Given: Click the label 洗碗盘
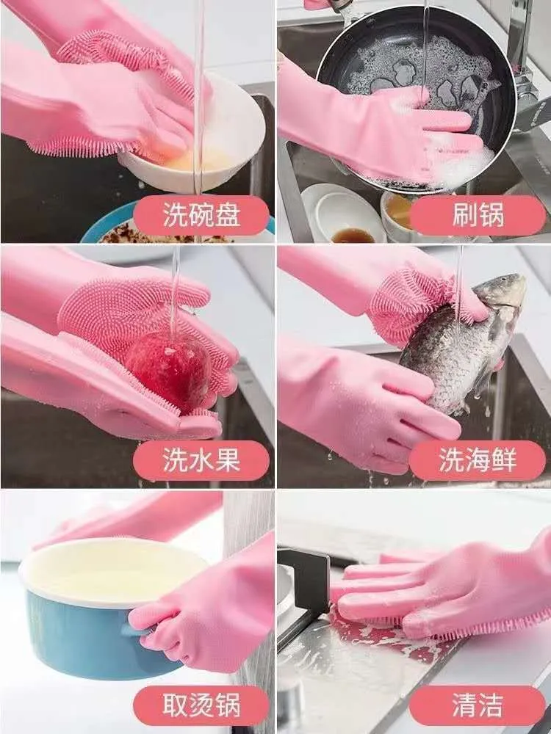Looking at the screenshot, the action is pos(201,216).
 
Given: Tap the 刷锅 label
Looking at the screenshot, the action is pos(478,216).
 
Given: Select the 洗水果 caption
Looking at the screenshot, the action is pos(201,461).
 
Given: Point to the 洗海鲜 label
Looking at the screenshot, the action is pos(478,461).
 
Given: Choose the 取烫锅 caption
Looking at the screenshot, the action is pos(201,705).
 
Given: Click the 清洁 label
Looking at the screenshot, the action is pos(478,705).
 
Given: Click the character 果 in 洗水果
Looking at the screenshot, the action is pos(227,461).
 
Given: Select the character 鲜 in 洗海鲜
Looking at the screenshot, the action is pos(504,461).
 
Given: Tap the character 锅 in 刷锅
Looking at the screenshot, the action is pos(491,216).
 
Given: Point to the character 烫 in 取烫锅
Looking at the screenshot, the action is pos(201,705).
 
